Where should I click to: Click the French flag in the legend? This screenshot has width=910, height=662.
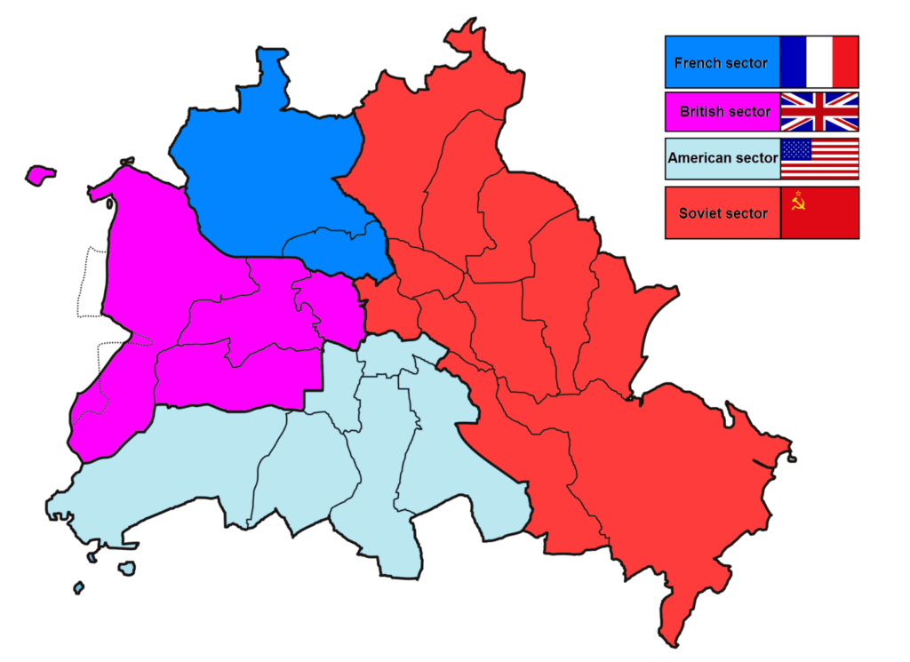(x=819, y=62)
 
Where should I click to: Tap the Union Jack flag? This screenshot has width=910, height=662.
(x=819, y=111)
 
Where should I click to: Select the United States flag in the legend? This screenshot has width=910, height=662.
(x=819, y=158)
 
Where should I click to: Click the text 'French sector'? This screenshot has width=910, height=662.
(x=721, y=63)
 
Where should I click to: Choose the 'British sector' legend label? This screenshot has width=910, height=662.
(x=725, y=111)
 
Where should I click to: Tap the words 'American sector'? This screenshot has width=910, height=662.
(x=722, y=158)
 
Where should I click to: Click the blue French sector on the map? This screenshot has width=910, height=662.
(x=267, y=178)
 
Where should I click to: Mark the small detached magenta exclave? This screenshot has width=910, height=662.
(x=40, y=174)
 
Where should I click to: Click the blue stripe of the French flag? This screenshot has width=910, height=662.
(x=793, y=62)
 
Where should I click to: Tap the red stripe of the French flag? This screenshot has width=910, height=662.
(x=845, y=62)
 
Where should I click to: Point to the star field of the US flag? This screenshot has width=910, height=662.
(x=797, y=148)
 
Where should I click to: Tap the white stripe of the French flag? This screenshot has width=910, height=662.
(x=819, y=62)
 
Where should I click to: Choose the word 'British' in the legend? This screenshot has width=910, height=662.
(x=702, y=111)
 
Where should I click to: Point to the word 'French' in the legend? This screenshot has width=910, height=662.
(x=697, y=63)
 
